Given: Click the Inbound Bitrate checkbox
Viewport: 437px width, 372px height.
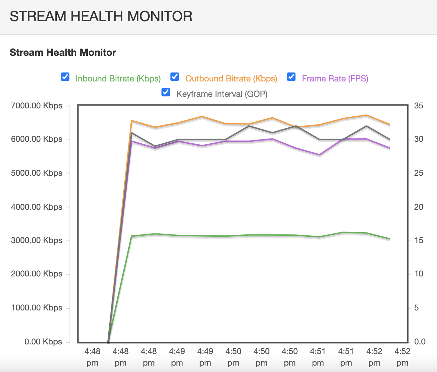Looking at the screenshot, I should (x=65, y=77).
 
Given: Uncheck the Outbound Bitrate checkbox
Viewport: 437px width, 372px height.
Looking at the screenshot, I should (x=175, y=77).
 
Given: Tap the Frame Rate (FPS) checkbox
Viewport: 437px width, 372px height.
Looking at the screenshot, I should (x=291, y=77).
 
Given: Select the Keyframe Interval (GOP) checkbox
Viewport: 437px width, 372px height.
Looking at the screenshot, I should (x=166, y=92).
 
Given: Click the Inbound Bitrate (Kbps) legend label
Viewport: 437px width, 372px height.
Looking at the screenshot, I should (x=118, y=79).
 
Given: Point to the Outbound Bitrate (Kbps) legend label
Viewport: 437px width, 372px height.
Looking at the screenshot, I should (x=231, y=79).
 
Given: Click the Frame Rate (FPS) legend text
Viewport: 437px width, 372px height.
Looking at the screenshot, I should (x=335, y=79).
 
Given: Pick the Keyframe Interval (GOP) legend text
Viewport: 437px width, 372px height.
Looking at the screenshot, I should (x=222, y=94).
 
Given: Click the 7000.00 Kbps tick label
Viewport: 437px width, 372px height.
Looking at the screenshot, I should (x=37, y=106).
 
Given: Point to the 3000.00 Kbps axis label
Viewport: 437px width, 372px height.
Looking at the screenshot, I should (x=37, y=240).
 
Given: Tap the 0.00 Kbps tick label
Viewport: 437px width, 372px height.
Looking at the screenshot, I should (x=43, y=342).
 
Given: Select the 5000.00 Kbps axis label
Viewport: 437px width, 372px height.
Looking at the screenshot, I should (x=37, y=173).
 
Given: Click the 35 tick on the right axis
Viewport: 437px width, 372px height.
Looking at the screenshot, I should (x=418, y=106).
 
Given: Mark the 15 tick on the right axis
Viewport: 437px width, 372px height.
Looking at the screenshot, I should (x=418, y=240).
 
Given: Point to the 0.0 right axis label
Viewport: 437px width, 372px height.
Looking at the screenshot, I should (x=420, y=342).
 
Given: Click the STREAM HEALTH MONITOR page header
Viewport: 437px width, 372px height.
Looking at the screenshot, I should (x=101, y=16).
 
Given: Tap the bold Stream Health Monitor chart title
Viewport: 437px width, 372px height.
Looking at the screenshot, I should (x=63, y=52).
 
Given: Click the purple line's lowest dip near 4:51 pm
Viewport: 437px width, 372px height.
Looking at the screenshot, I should (x=319, y=155).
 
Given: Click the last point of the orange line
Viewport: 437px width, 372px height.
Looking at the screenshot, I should (x=390, y=124).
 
